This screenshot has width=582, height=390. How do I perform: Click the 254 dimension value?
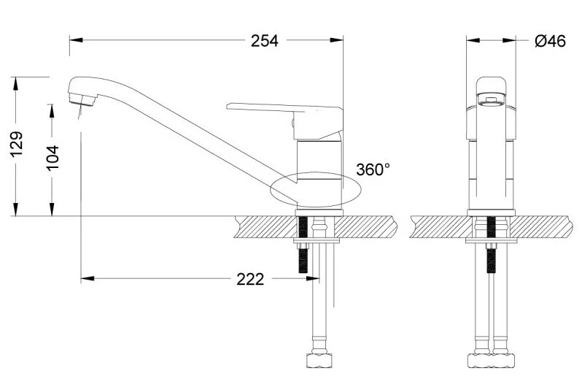click(265, 41)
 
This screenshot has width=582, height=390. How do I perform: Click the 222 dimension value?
click(250, 278)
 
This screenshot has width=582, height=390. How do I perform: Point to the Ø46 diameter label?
click(550, 42)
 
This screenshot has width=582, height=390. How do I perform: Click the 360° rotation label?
click(373, 169)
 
